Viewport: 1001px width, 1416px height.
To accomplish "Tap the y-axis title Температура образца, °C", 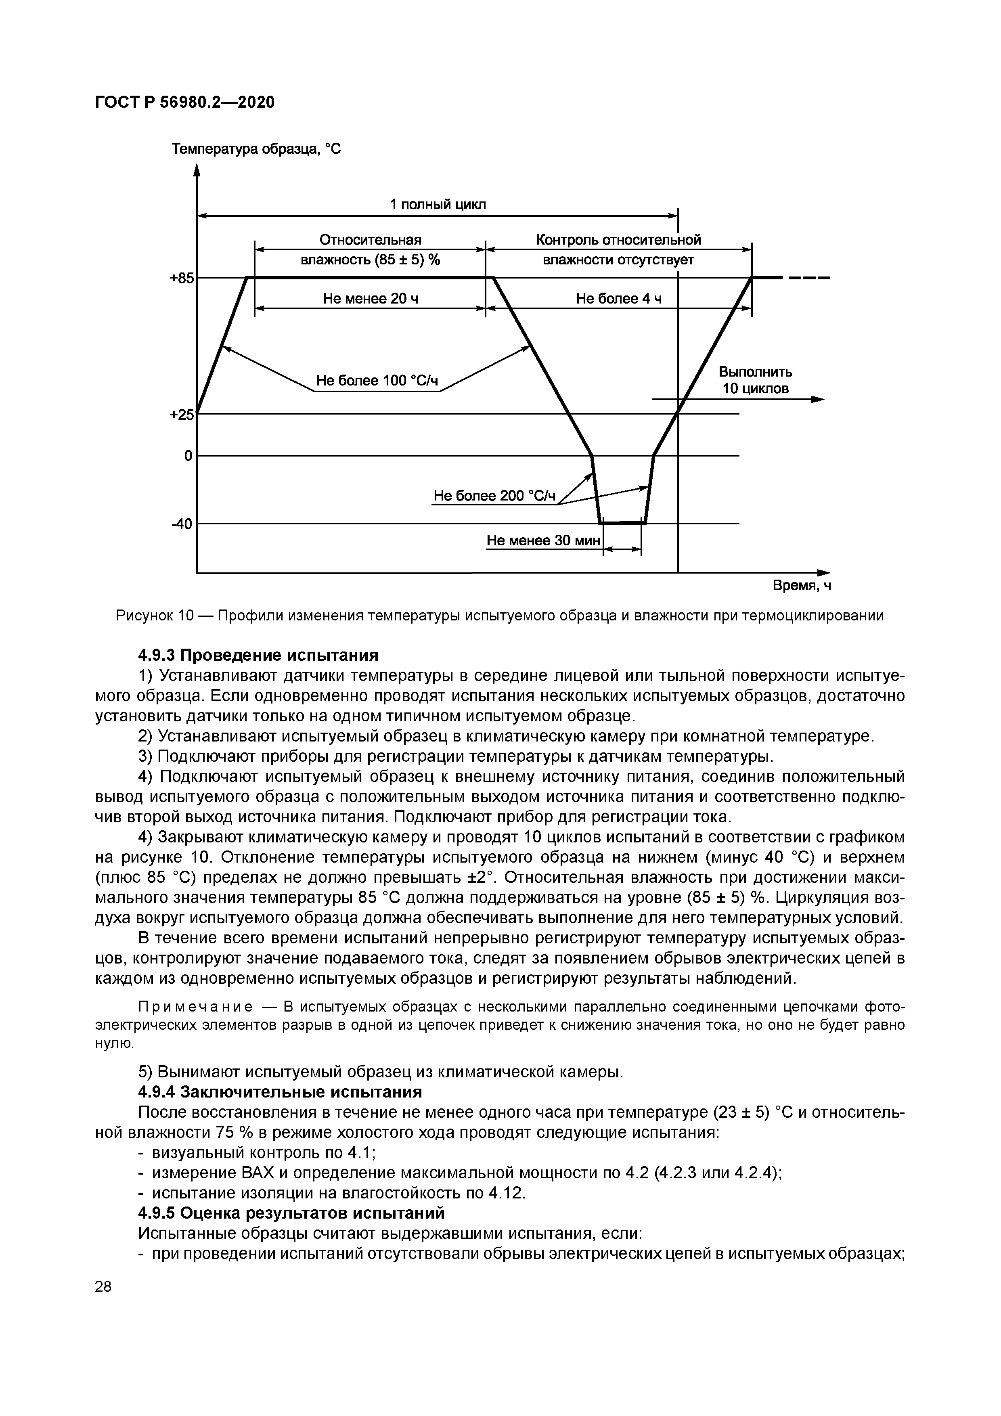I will tap(255, 149).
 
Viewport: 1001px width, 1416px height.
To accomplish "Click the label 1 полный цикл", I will tap(438, 205).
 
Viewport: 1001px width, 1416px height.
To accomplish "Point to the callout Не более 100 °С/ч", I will tap(377, 381).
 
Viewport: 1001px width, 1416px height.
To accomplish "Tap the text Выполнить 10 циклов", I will tap(755, 381).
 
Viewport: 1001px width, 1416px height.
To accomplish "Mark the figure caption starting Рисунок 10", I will tap(500, 616).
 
